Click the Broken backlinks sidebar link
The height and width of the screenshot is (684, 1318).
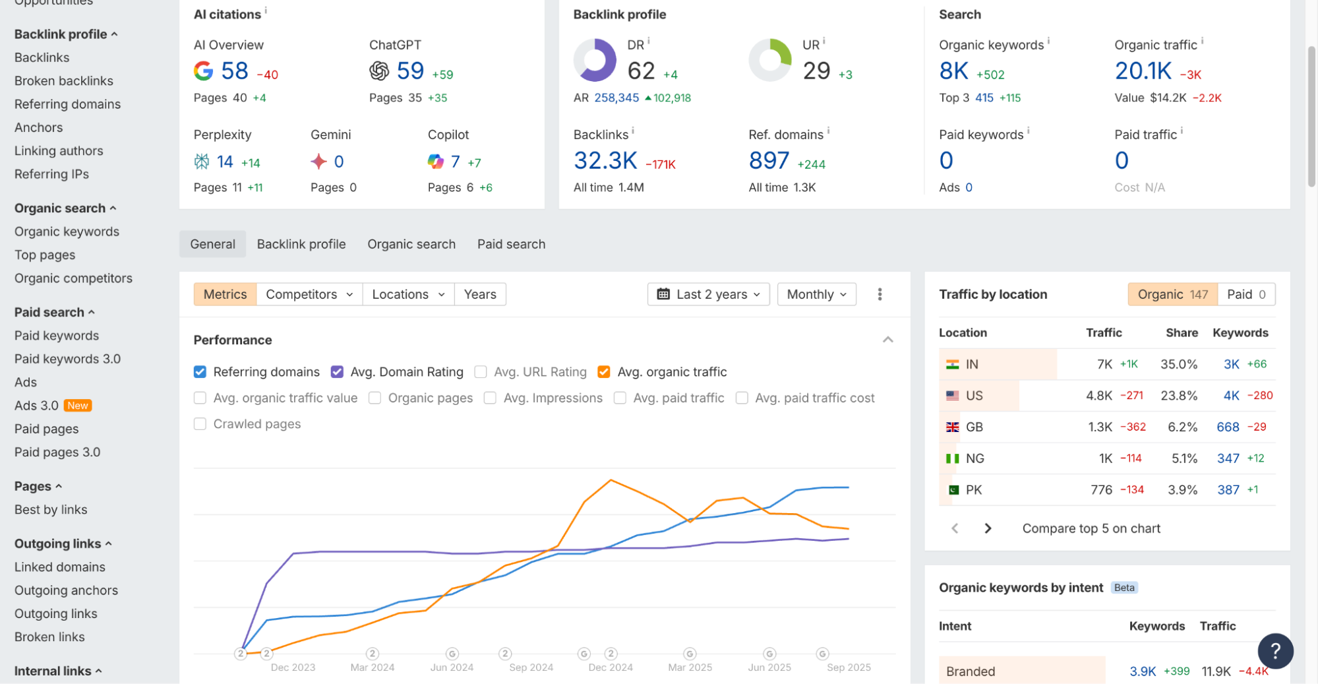tap(64, 80)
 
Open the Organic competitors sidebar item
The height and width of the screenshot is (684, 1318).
tap(73, 278)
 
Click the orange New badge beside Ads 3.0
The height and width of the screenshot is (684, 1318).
tap(78, 406)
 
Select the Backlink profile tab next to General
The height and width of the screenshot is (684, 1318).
tap(301, 244)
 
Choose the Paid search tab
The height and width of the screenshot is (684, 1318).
tap(511, 244)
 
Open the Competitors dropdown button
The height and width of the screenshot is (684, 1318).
tap(309, 294)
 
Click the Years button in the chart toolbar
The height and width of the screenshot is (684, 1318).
tap(479, 294)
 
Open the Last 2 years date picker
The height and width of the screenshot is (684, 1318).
tap(708, 294)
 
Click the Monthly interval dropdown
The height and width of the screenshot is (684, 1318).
tap(816, 294)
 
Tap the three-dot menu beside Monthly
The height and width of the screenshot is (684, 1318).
tap(880, 294)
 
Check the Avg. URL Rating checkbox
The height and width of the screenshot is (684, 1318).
tap(481, 372)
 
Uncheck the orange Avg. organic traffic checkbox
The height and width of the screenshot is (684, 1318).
tap(603, 372)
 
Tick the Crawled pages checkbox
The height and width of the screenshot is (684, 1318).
tap(200, 424)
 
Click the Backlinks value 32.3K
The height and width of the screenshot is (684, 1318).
tap(605, 160)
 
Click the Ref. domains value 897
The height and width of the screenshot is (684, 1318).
tap(769, 160)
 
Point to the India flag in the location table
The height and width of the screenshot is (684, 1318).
tap(952, 364)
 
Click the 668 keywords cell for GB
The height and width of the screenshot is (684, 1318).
tap(1228, 427)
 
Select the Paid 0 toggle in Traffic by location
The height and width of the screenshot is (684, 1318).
tap(1246, 294)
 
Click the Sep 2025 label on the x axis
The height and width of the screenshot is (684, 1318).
tap(849, 668)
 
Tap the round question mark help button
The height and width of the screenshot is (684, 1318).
tap(1275, 651)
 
